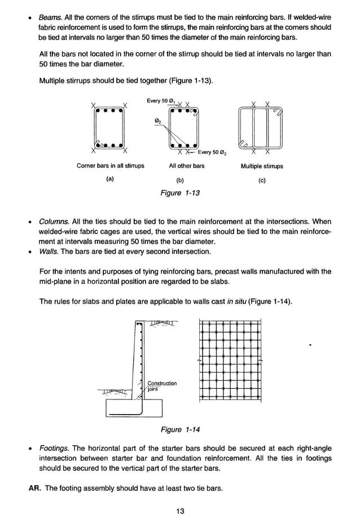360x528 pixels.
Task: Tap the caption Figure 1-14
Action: tap(180, 430)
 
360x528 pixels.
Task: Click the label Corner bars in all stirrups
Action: tap(111, 166)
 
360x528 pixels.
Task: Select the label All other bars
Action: tap(187, 166)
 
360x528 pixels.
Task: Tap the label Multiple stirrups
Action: tap(262, 166)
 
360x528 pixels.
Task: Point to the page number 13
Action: tap(180, 511)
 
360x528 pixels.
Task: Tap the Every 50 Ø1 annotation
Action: tap(161, 101)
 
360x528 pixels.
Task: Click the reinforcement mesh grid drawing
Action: tap(230, 360)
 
